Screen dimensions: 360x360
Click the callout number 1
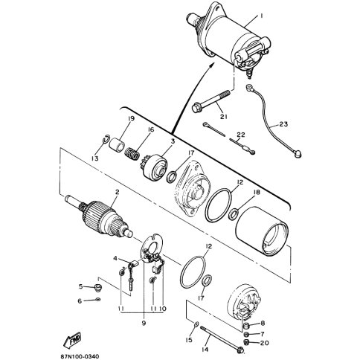coord(260,16)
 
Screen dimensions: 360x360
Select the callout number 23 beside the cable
coord(283,123)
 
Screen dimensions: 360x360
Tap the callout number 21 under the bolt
coord(224,116)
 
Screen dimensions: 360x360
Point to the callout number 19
coord(131,119)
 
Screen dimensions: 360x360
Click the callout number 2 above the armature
coord(117,192)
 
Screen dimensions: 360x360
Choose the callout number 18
coord(257,193)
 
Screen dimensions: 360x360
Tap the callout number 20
coord(265,343)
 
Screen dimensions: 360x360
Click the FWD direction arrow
coord(73,339)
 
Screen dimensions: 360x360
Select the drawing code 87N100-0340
coord(80,356)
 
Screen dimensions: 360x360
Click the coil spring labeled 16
coord(132,154)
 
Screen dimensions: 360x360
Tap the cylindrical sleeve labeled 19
coord(117,144)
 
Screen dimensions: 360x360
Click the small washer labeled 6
coord(98,300)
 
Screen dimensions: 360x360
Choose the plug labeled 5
coord(98,289)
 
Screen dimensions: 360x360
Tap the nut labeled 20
coord(246,343)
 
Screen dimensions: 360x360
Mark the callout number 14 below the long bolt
coord(205,350)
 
